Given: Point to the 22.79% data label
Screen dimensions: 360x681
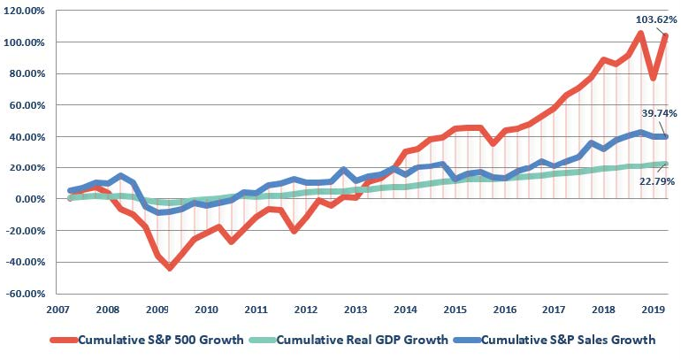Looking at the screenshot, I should coord(648,184).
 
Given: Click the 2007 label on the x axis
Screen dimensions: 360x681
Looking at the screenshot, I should coord(58,310).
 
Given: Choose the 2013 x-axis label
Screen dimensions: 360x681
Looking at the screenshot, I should coord(355,310).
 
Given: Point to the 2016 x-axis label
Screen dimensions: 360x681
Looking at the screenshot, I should coord(503,310).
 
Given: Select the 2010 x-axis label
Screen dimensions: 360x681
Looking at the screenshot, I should coord(206,310).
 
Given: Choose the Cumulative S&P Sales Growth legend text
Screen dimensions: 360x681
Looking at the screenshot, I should coord(561,340).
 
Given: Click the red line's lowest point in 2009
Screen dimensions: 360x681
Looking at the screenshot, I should coord(170,267).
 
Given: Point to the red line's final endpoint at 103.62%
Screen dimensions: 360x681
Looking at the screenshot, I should coord(664,36).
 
